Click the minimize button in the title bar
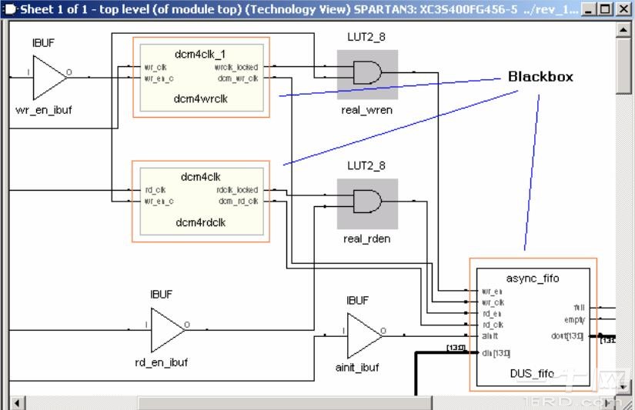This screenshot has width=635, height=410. pyautogui.click(x=590, y=9)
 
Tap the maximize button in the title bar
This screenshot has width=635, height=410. pyautogui.click(x=605, y=9)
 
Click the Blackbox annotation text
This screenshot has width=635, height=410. pyautogui.click(x=540, y=77)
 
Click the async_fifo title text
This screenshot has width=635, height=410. pyautogui.click(x=533, y=278)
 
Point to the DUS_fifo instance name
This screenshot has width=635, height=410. pyautogui.click(x=532, y=373)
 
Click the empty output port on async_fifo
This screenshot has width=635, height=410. pyautogui.click(x=574, y=319)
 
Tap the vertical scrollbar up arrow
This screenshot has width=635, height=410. pyautogui.click(x=624, y=29)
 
